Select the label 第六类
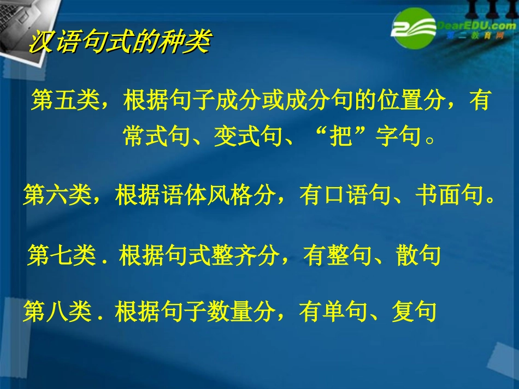click(x=57, y=195)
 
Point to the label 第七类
click(x=61, y=256)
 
